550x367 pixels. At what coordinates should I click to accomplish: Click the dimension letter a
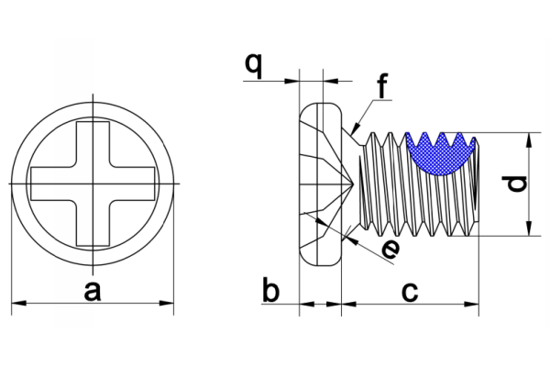tap(93, 292)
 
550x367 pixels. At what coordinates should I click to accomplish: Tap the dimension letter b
tap(270, 290)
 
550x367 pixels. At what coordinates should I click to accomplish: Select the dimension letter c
tap(410, 292)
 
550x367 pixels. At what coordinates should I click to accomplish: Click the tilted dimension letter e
tap(390, 249)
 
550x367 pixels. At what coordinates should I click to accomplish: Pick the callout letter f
tap(382, 86)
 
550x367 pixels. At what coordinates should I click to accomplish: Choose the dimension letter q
tap(253, 65)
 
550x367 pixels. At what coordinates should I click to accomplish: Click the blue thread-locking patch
tap(441, 154)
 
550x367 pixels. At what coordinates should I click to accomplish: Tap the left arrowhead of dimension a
tap(19, 303)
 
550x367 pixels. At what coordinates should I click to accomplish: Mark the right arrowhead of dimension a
tap(166, 303)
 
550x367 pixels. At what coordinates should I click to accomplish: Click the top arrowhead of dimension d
tap(529, 140)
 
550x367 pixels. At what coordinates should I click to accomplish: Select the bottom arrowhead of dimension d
tap(529, 228)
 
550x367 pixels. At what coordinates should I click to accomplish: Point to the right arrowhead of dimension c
tap(471, 304)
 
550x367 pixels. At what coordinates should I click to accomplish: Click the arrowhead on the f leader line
tap(356, 128)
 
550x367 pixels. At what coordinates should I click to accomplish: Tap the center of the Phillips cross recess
tap(93, 183)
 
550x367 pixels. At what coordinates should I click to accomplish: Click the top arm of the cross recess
tap(93, 144)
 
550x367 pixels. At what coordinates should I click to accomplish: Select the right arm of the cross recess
tap(132, 183)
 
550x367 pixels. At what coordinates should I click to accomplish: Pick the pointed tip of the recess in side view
tap(351, 183)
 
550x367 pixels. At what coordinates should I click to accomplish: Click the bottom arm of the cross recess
tap(93, 223)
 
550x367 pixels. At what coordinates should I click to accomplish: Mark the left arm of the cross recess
tap(54, 183)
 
